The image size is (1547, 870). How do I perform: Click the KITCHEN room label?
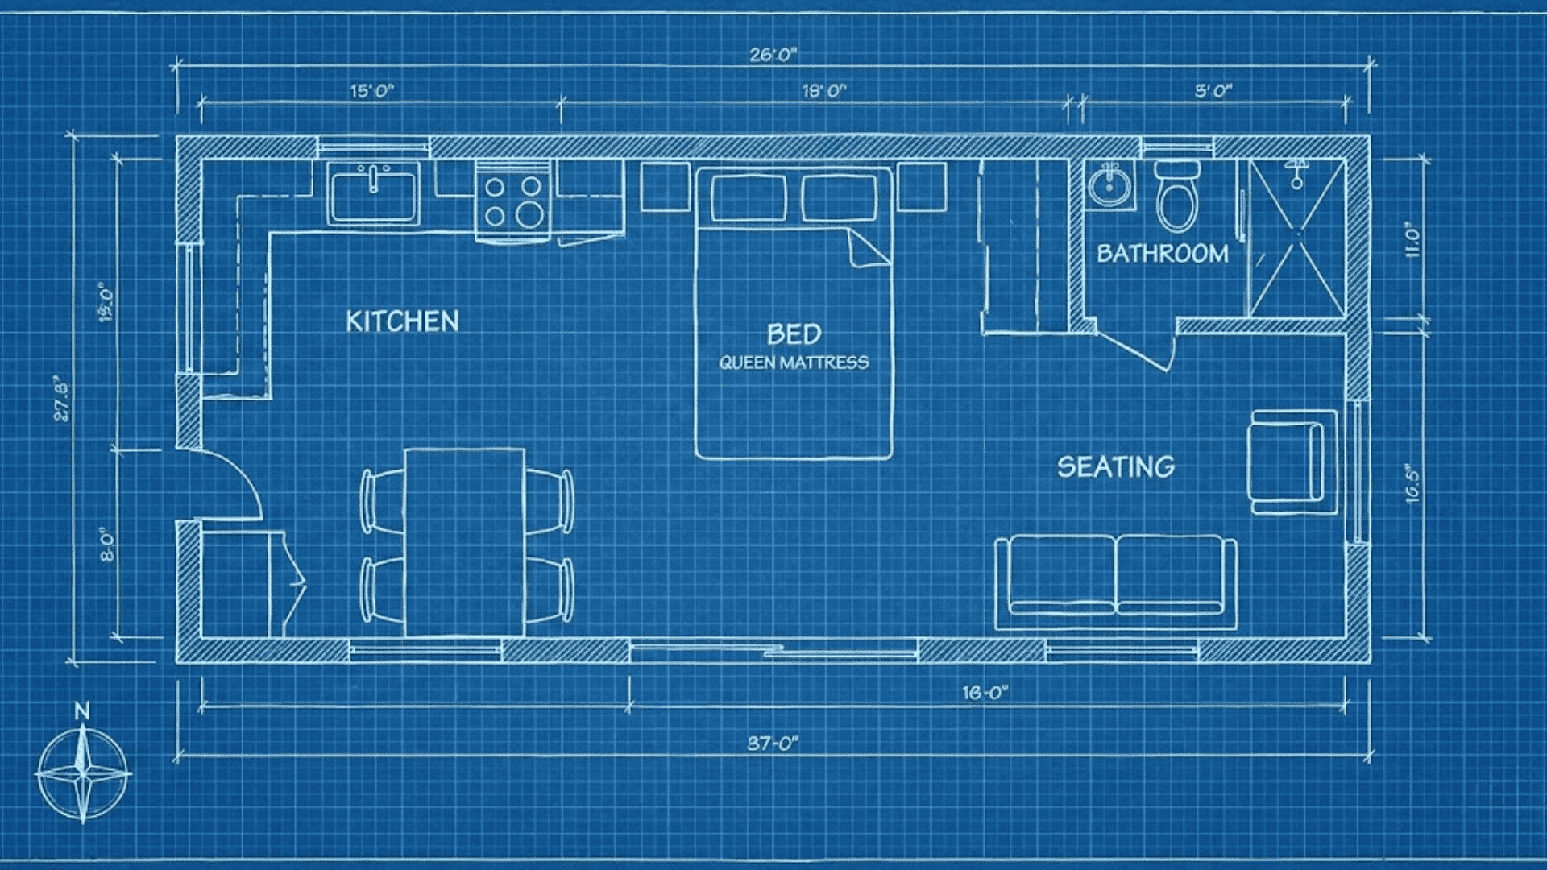click(x=402, y=321)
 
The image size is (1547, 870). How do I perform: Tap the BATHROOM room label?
click(x=1162, y=254)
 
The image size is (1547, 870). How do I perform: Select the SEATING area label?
click(x=1116, y=467)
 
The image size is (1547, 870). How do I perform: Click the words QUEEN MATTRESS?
click(x=794, y=362)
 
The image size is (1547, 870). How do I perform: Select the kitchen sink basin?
click(x=373, y=193)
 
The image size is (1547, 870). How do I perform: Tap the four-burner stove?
click(x=512, y=201)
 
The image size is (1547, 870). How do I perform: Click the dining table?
click(x=465, y=541)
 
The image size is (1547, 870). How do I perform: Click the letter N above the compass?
click(x=81, y=710)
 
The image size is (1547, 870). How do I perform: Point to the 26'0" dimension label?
click(x=773, y=55)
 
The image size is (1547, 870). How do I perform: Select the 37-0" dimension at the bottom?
click(x=773, y=743)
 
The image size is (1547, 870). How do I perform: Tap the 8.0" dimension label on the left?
click(x=107, y=545)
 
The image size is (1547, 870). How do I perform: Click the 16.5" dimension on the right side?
click(x=1412, y=483)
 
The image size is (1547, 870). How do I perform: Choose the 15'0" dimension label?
click(x=371, y=90)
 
